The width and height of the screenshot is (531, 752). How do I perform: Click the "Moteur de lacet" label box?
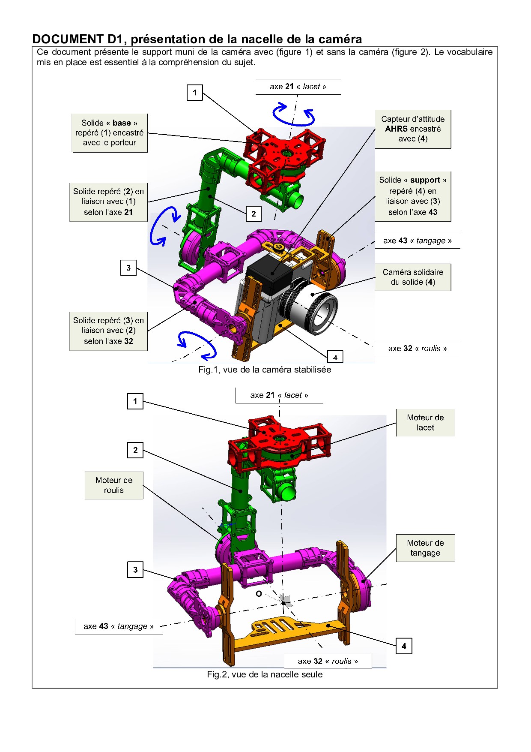(425, 423)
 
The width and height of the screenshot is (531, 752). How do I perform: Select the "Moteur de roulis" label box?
(113, 485)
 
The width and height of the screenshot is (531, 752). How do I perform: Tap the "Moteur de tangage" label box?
(425, 548)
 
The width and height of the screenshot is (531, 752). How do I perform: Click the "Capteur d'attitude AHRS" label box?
(412, 129)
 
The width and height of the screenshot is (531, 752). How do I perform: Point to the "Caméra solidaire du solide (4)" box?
(412, 277)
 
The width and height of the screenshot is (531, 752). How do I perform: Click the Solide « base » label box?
(109, 133)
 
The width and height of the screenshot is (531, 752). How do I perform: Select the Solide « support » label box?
(412, 196)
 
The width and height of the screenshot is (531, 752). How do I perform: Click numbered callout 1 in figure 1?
(195, 93)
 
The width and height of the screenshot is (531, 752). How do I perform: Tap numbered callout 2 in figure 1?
(254, 214)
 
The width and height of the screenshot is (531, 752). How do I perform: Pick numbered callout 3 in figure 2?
(135, 570)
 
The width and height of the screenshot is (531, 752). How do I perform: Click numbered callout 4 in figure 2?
(404, 646)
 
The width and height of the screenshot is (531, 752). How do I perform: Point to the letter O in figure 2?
(259, 594)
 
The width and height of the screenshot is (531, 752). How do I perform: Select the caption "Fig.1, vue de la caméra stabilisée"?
(265, 370)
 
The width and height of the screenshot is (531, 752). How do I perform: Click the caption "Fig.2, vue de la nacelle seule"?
(265, 674)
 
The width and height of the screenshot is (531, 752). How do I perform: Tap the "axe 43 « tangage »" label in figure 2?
(119, 626)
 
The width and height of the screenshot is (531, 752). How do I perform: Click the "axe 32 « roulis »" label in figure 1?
(417, 349)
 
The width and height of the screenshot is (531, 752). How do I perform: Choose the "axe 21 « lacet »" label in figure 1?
(298, 87)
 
